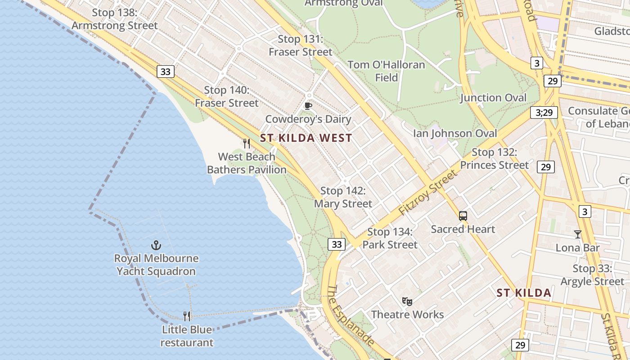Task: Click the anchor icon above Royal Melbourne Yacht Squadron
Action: [156, 245]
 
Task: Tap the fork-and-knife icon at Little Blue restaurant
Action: [187, 316]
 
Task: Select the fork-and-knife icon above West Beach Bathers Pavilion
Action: [247, 144]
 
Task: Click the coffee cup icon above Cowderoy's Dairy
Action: [308, 106]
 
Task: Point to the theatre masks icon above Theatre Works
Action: [407, 301]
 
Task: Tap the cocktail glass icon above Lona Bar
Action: [578, 234]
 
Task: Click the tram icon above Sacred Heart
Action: [463, 216]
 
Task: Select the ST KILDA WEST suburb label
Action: [306, 138]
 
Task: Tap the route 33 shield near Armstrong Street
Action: [166, 72]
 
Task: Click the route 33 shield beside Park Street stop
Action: [337, 244]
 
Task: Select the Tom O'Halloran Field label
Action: [387, 71]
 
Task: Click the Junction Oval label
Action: [493, 98]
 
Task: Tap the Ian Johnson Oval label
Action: [455, 133]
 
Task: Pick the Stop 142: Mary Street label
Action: [343, 197]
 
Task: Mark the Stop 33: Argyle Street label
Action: [592, 275]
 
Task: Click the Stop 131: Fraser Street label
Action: [300, 45]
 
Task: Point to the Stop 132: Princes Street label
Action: [494, 159]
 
